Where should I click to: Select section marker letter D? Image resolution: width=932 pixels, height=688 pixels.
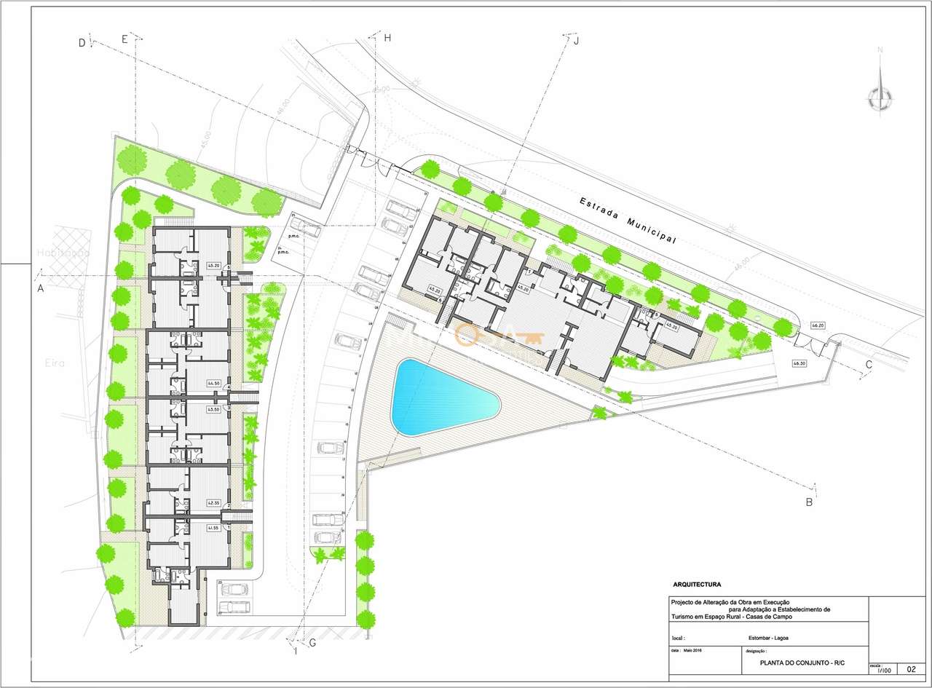click(x=82, y=43)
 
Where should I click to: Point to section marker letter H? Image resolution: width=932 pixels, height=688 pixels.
click(x=387, y=39)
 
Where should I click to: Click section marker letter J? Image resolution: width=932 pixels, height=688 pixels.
click(x=576, y=41)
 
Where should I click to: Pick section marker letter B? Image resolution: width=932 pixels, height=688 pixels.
click(x=808, y=502)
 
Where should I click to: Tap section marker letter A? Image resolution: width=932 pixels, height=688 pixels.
click(x=41, y=289)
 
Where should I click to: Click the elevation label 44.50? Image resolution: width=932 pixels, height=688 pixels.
click(x=213, y=384)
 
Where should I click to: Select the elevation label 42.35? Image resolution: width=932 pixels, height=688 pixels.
click(x=213, y=502)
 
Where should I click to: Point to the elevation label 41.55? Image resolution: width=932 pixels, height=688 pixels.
click(x=213, y=528)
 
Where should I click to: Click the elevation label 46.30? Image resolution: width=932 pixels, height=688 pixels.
click(x=800, y=363)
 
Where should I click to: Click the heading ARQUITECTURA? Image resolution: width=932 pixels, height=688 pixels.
click(x=698, y=584)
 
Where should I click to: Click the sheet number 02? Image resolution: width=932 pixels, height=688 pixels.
click(x=911, y=668)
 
